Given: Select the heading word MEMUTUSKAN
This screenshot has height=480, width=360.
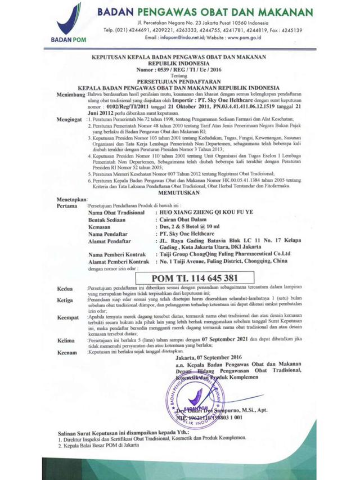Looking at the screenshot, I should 179,191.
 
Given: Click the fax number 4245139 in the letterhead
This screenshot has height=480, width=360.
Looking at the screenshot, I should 291,30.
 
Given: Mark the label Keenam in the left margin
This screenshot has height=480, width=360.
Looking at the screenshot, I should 67,353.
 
